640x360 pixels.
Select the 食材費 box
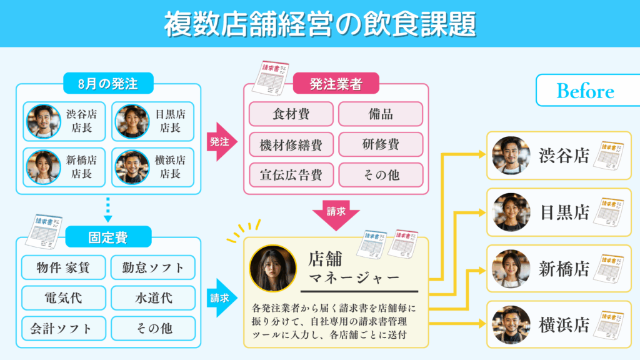tap(291, 114)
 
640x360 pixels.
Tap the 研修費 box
tap(381, 145)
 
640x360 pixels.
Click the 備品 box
tap(381, 114)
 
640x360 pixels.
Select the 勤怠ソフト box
tap(153, 267)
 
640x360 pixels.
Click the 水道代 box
tap(153, 297)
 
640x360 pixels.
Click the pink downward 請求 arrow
tap(336, 212)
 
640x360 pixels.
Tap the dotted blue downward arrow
tap(107, 211)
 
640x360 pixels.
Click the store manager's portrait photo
tap(272, 268)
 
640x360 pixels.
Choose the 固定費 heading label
tap(107, 236)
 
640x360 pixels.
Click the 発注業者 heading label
tap(336, 84)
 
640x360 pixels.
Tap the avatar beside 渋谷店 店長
tap(43, 121)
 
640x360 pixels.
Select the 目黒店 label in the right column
tap(564, 212)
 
